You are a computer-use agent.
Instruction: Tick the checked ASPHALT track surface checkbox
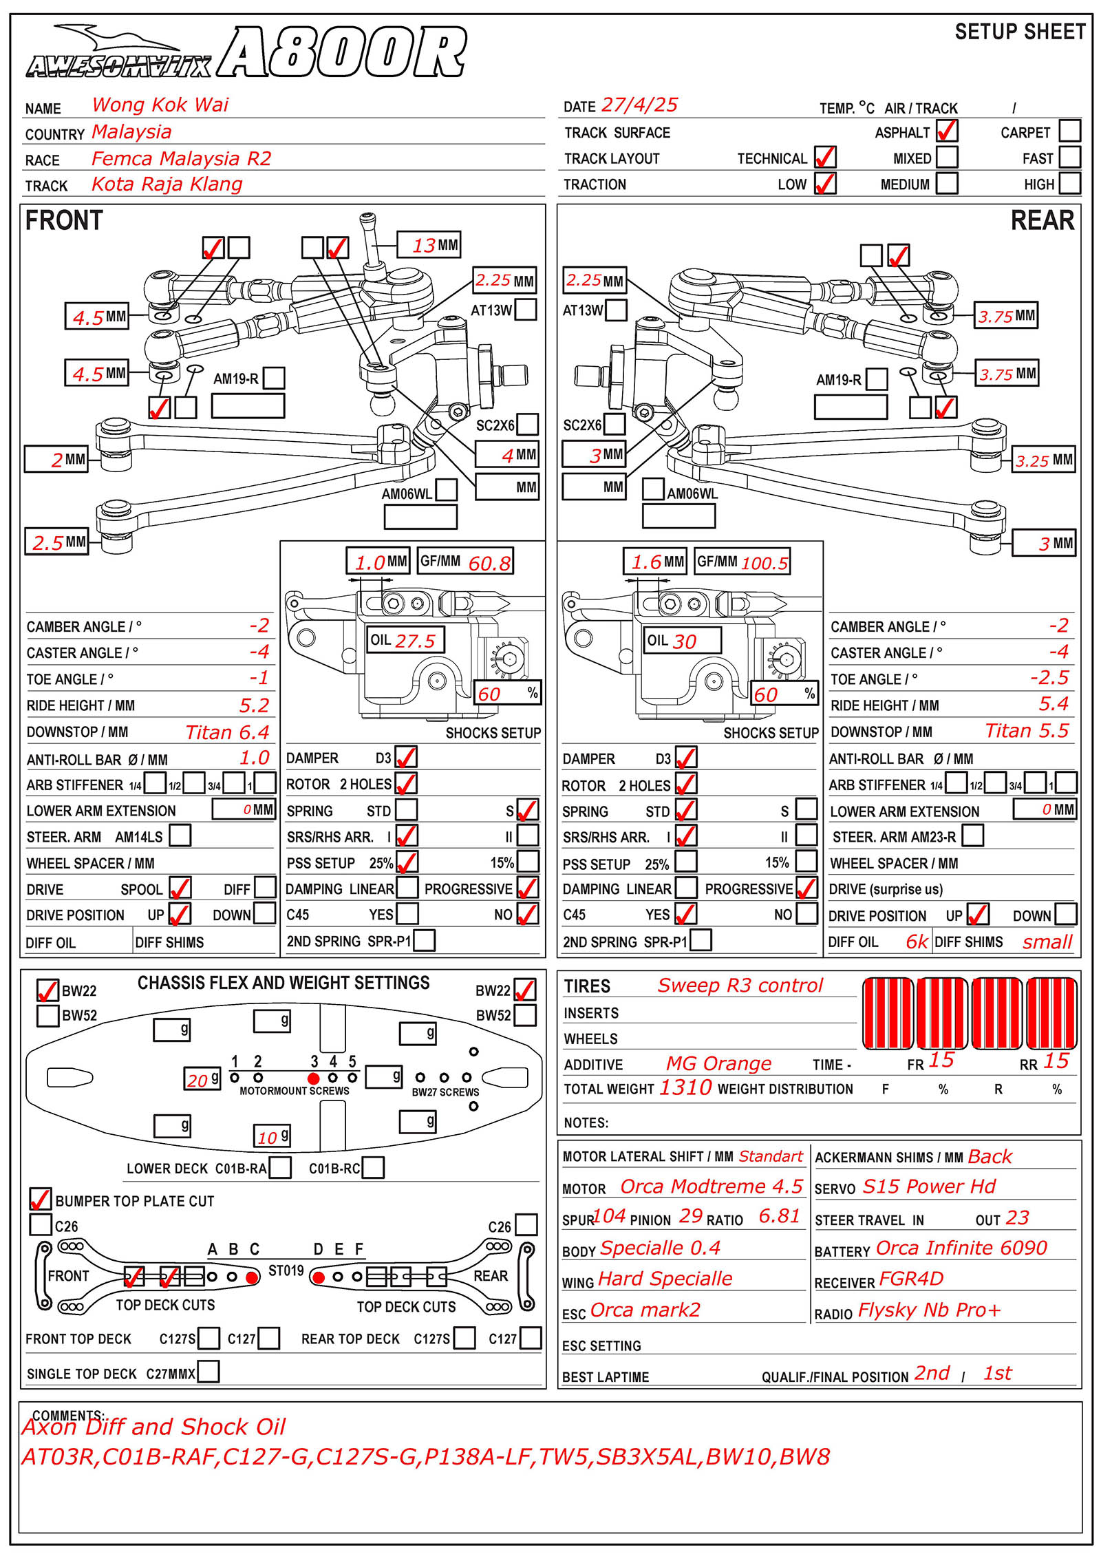(x=947, y=130)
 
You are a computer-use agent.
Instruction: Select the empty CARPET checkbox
(x=1069, y=130)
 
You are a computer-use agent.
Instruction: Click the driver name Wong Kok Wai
(x=160, y=105)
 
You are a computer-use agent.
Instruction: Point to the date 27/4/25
(x=639, y=105)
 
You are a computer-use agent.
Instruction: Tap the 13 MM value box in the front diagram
(x=429, y=244)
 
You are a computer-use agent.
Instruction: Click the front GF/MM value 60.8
(x=489, y=563)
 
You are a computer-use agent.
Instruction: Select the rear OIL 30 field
(x=682, y=641)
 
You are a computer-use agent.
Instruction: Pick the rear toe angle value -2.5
(x=1049, y=678)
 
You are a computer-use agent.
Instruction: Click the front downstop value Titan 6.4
(x=227, y=732)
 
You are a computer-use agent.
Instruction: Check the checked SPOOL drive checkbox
(x=180, y=888)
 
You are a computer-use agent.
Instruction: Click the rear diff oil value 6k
(x=917, y=941)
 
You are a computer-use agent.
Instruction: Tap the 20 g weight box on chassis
(x=202, y=1079)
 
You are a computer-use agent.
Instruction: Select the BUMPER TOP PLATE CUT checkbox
(x=41, y=1200)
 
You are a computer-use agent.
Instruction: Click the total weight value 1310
(x=685, y=1087)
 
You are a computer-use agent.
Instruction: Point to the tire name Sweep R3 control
(x=740, y=986)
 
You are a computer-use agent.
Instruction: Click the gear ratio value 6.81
(x=779, y=1217)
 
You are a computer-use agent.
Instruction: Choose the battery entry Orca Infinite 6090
(x=961, y=1248)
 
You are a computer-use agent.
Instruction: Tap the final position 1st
(x=997, y=1373)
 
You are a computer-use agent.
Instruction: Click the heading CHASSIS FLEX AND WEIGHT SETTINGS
(x=284, y=983)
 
